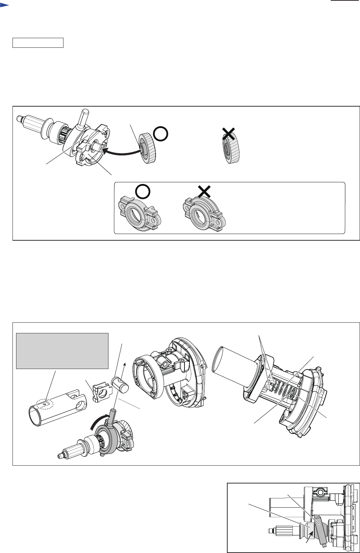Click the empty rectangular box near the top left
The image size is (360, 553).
pyautogui.click(x=38, y=43)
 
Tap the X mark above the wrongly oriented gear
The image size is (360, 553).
pyautogui.click(x=228, y=134)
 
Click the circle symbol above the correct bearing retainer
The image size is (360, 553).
pyautogui.click(x=143, y=193)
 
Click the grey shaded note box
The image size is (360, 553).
pyautogui.click(x=62, y=351)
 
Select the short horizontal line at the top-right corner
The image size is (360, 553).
pyautogui.click(x=344, y=1)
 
